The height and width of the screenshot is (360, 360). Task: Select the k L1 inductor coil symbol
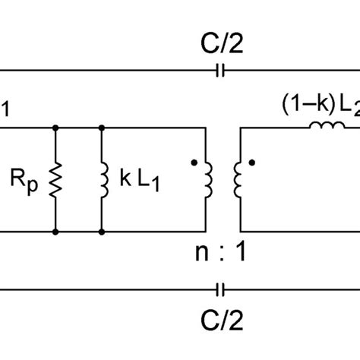(101, 179)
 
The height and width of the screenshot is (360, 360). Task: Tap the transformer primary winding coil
(207, 179)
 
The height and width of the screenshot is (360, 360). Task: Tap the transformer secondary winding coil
(238, 179)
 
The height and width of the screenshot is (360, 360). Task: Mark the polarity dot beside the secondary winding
(251, 162)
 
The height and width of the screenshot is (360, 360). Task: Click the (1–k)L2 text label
(319, 104)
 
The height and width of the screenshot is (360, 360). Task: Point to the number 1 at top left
(5, 109)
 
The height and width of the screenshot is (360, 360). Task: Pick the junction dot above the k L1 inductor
(101, 128)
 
